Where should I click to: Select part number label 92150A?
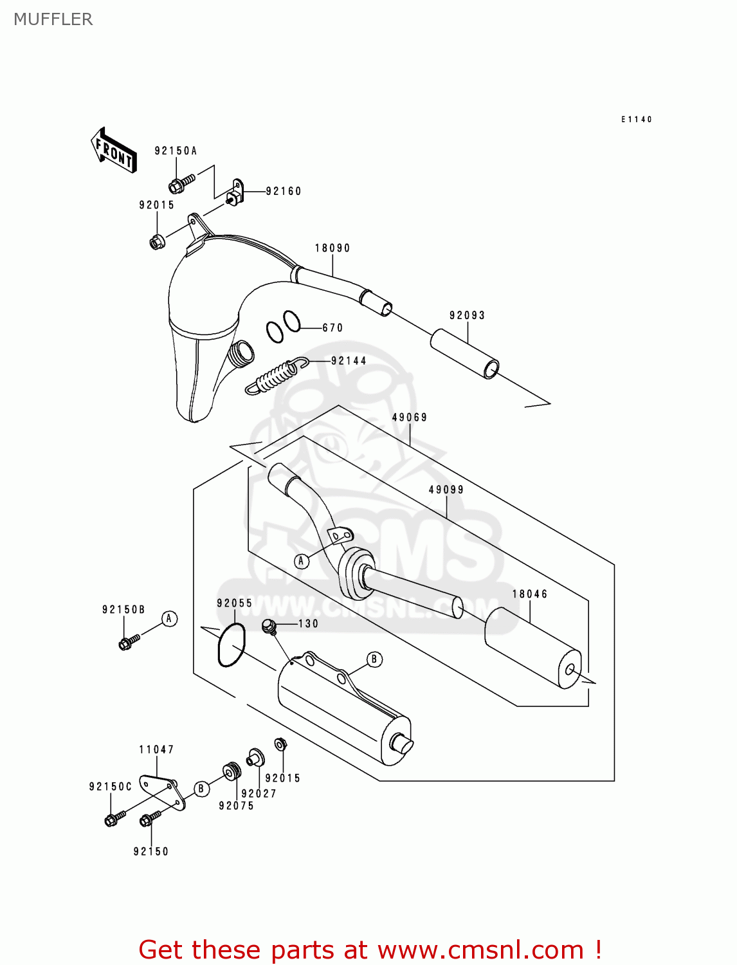point(176,151)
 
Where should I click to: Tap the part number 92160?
point(284,191)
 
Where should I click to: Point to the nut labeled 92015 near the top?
point(156,243)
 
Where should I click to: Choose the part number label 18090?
point(332,248)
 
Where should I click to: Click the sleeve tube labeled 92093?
point(464,354)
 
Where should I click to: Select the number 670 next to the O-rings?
point(332,327)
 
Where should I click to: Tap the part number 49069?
point(410,417)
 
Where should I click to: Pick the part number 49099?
point(446,490)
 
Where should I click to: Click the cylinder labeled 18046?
point(532,648)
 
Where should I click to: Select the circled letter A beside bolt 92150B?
point(169,619)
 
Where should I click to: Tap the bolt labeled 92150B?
point(128,641)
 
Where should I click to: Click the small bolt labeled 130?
point(269,625)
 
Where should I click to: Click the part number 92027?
point(259,793)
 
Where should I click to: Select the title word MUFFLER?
point(53,19)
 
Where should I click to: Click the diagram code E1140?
point(636,119)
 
